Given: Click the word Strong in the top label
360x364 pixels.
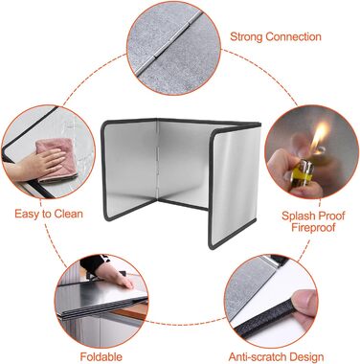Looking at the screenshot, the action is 246,36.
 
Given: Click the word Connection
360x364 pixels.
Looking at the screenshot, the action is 293,36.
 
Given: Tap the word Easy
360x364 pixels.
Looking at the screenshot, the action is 27,215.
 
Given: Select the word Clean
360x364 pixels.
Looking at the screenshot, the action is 68,214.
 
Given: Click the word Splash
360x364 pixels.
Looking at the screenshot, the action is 298,216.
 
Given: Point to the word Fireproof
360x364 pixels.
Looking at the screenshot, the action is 313,228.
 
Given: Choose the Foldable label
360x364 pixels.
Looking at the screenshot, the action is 101,356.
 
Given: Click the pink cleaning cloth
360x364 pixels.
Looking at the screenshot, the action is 56,159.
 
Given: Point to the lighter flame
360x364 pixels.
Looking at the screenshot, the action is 320,136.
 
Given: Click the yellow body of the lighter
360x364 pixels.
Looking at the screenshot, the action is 301,174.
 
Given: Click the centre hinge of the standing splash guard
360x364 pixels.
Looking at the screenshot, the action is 157,161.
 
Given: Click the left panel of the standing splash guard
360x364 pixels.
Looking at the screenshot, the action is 129,171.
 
